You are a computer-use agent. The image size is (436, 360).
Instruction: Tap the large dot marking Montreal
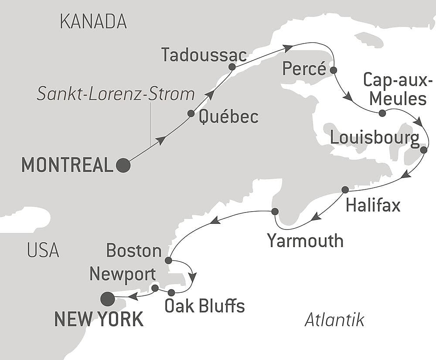click(x=123, y=165)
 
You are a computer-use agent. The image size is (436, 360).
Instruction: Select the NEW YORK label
click(x=99, y=319)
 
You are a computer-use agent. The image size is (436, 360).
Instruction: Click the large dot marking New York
click(x=107, y=299)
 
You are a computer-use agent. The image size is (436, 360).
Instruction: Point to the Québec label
click(x=228, y=117)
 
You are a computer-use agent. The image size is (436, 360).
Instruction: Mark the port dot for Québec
click(x=191, y=113)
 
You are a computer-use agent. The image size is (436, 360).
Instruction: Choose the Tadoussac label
click(x=204, y=55)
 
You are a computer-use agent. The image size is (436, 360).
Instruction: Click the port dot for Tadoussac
click(x=232, y=67)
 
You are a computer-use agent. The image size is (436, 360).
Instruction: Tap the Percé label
click(x=304, y=69)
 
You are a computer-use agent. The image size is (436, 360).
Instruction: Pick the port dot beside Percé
click(x=334, y=70)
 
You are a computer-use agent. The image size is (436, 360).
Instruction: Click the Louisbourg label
click(x=375, y=138)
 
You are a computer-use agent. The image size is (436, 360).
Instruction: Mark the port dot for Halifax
click(x=345, y=190)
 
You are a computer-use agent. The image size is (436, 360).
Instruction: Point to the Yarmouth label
click(x=305, y=240)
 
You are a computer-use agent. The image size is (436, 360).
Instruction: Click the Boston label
click(x=134, y=250)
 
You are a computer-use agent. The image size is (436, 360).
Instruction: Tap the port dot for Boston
click(x=169, y=261)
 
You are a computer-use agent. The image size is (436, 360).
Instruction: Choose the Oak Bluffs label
click(x=204, y=306)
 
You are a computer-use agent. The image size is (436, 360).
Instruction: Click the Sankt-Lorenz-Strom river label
click(x=115, y=94)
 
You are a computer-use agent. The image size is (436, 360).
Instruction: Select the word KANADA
click(x=93, y=21)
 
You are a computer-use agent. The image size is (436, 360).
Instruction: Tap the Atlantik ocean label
click(x=334, y=320)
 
